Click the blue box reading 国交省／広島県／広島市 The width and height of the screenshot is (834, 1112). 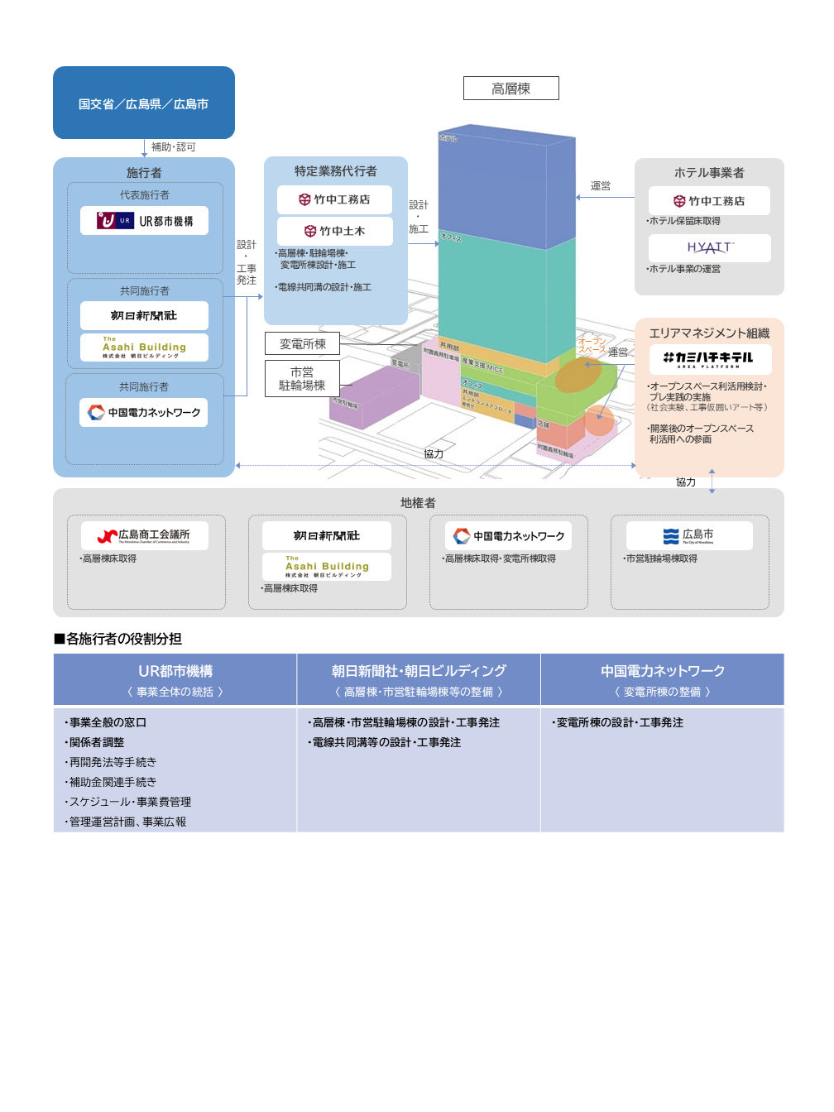point(144,103)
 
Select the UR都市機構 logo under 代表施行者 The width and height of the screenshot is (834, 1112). point(144,221)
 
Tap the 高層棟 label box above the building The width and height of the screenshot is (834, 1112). point(510,89)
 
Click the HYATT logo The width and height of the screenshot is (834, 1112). point(709,247)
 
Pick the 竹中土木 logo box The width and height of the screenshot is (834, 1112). point(334,232)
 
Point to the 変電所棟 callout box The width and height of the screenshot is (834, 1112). point(302,344)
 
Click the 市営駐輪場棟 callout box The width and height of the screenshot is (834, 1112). point(302,379)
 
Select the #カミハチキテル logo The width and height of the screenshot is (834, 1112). point(708,359)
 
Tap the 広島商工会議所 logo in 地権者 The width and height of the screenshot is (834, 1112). point(144,536)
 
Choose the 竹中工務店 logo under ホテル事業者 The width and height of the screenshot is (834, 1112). point(709,201)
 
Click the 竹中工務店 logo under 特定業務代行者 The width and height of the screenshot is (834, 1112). point(334,199)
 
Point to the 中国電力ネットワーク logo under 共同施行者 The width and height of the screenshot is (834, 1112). point(144,412)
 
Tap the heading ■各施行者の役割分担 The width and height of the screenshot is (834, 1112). point(117,639)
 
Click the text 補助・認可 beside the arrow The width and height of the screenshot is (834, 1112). point(173,147)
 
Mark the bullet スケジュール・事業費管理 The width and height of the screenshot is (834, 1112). point(129,802)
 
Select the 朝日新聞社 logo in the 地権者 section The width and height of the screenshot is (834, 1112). point(326,536)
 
